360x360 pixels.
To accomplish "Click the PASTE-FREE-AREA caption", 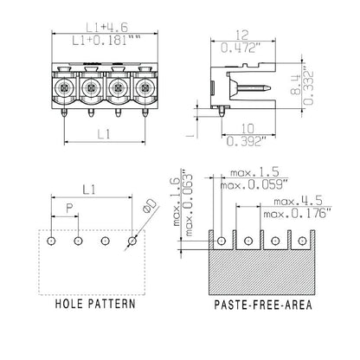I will (x=263, y=305).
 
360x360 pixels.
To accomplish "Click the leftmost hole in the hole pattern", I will (x=52, y=241).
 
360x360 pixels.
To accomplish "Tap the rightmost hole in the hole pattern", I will (x=132, y=241).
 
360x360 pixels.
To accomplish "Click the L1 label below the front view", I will (x=103, y=133).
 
